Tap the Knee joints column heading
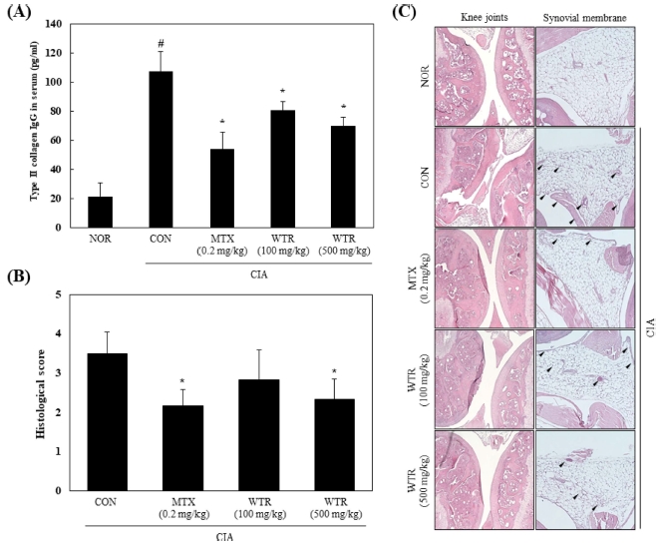(x=486, y=18)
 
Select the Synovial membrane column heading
(x=585, y=18)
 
